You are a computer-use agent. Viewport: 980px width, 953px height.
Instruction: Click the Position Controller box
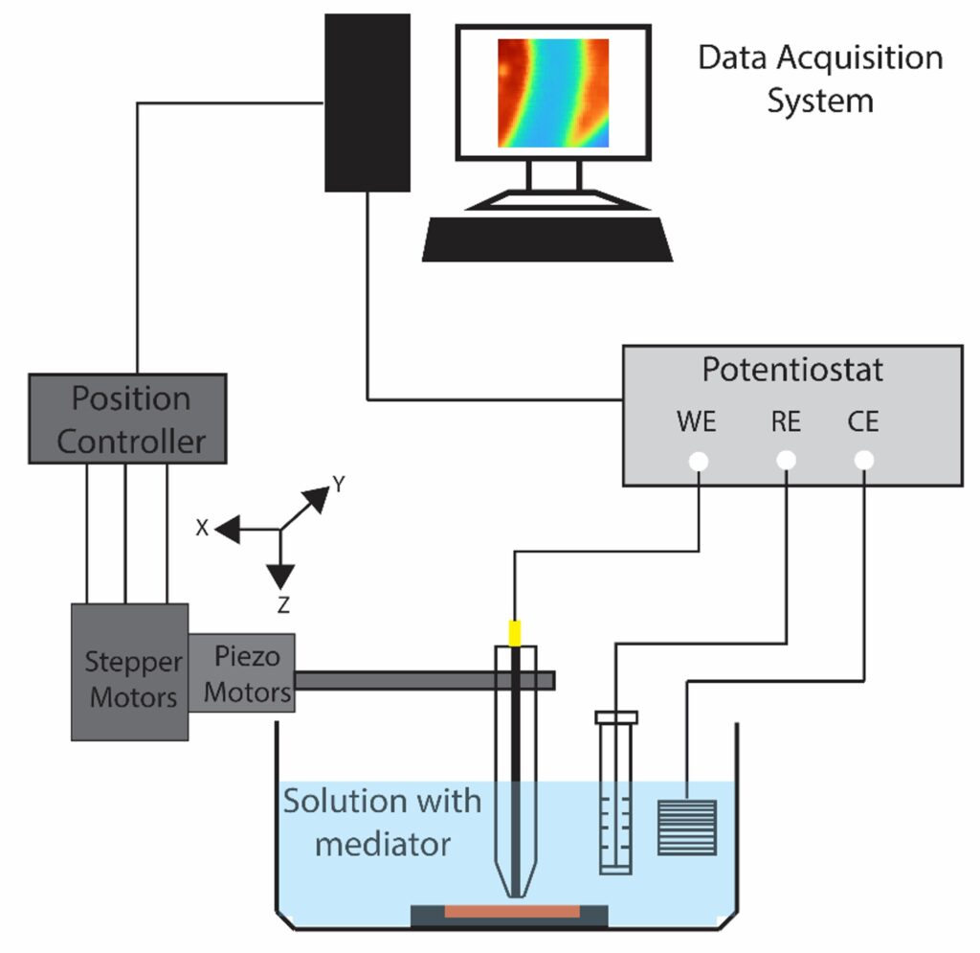pyautogui.click(x=128, y=420)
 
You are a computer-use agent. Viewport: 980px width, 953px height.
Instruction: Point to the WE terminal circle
pyautogui.click(x=699, y=462)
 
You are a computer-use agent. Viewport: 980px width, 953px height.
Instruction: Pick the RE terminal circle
pyautogui.click(x=786, y=462)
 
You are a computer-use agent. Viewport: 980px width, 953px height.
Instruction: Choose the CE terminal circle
pyautogui.click(x=864, y=462)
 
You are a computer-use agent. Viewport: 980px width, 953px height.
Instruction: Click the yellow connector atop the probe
pyautogui.click(x=515, y=633)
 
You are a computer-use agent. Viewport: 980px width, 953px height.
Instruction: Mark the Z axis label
pyautogui.click(x=281, y=604)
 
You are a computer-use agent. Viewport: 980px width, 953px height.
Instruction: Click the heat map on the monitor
pyautogui.click(x=552, y=93)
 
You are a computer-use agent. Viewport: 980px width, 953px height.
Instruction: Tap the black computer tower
pyautogui.click(x=367, y=102)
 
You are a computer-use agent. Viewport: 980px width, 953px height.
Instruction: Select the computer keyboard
pyautogui.click(x=547, y=239)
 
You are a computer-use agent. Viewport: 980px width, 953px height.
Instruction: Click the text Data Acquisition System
pyautogui.click(x=820, y=79)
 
